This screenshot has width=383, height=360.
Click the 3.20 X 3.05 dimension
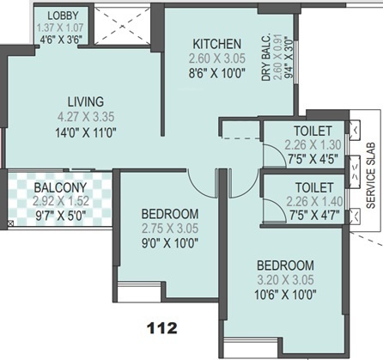click(283, 280)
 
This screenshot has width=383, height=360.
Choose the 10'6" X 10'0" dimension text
click(283, 295)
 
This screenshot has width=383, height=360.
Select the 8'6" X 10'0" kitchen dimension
click(217, 75)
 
